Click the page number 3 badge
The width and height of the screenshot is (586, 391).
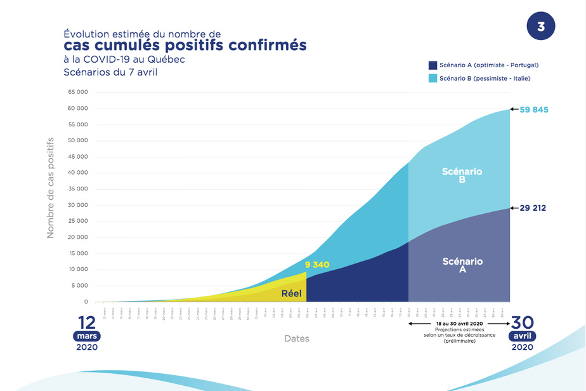point(540,27)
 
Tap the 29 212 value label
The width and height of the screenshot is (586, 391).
point(533,208)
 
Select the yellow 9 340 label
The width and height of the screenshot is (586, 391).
point(317,264)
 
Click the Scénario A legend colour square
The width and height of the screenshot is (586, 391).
point(433,65)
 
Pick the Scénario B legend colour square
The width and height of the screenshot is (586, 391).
point(433,78)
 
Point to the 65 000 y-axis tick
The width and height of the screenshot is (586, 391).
point(78,93)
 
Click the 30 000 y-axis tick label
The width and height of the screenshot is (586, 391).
point(78,205)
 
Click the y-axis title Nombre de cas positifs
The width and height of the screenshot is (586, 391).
point(51,188)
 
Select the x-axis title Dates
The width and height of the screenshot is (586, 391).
point(297,339)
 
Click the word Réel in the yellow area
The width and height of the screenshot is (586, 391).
point(291,293)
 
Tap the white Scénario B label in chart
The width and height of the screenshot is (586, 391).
point(462,175)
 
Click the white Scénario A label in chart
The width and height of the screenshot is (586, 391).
point(462,265)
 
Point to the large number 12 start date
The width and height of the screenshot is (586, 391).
point(87,322)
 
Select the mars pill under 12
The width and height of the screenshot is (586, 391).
point(87,336)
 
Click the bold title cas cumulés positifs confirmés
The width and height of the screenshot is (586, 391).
point(185,46)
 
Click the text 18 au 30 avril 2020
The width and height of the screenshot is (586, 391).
point(459,324)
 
